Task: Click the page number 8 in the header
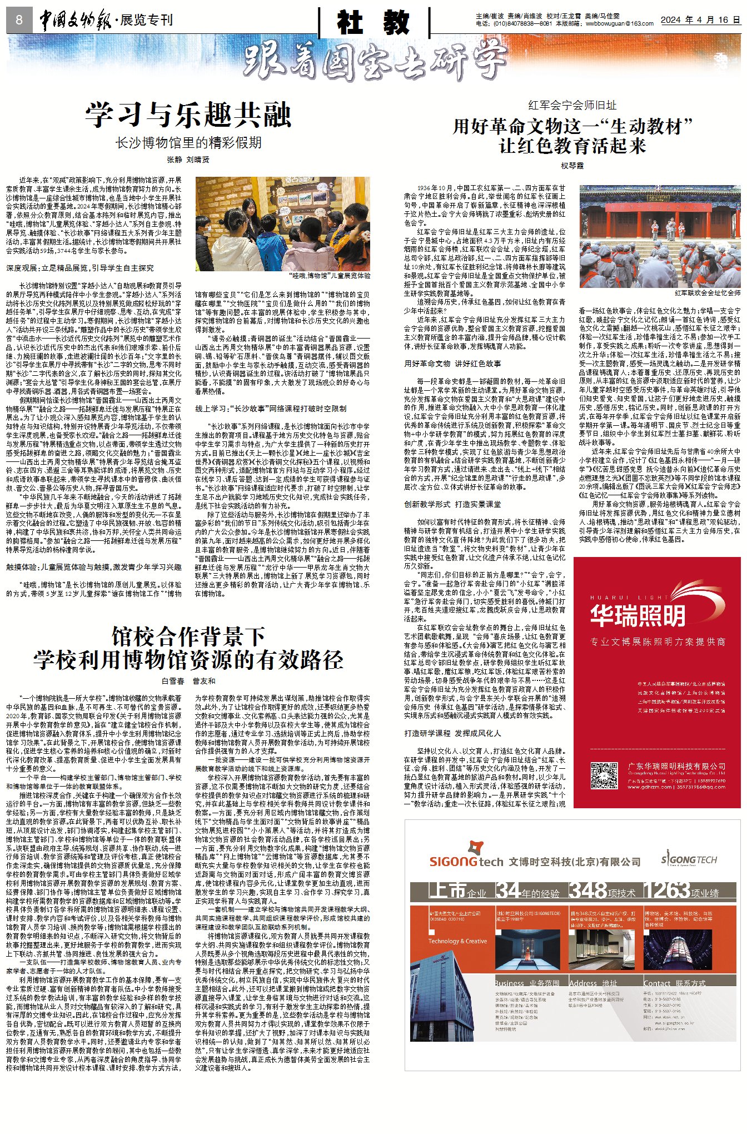[x=19, y=21]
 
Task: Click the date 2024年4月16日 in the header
[x=700, y=20]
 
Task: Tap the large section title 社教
[x=373, y=22]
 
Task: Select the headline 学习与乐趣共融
[x=188, y=116]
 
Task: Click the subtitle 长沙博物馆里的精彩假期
[x=188, y=143]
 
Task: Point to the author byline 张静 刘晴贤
[x=188, y=160]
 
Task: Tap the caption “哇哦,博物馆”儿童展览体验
[x=330, y=276]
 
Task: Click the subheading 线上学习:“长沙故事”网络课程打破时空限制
[x=271, y=409]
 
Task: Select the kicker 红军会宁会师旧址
[x=572, y=105]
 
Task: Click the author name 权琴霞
[x=572, y=166]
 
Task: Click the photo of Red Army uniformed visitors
[x=660, y=236]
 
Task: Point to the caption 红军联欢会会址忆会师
[x=707, y=292]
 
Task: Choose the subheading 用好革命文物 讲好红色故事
[x=452, y=364]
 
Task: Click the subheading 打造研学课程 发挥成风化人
[x=452, y=733]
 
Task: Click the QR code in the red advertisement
[x=603, y=777]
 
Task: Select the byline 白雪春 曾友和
[x=188, y=681]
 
